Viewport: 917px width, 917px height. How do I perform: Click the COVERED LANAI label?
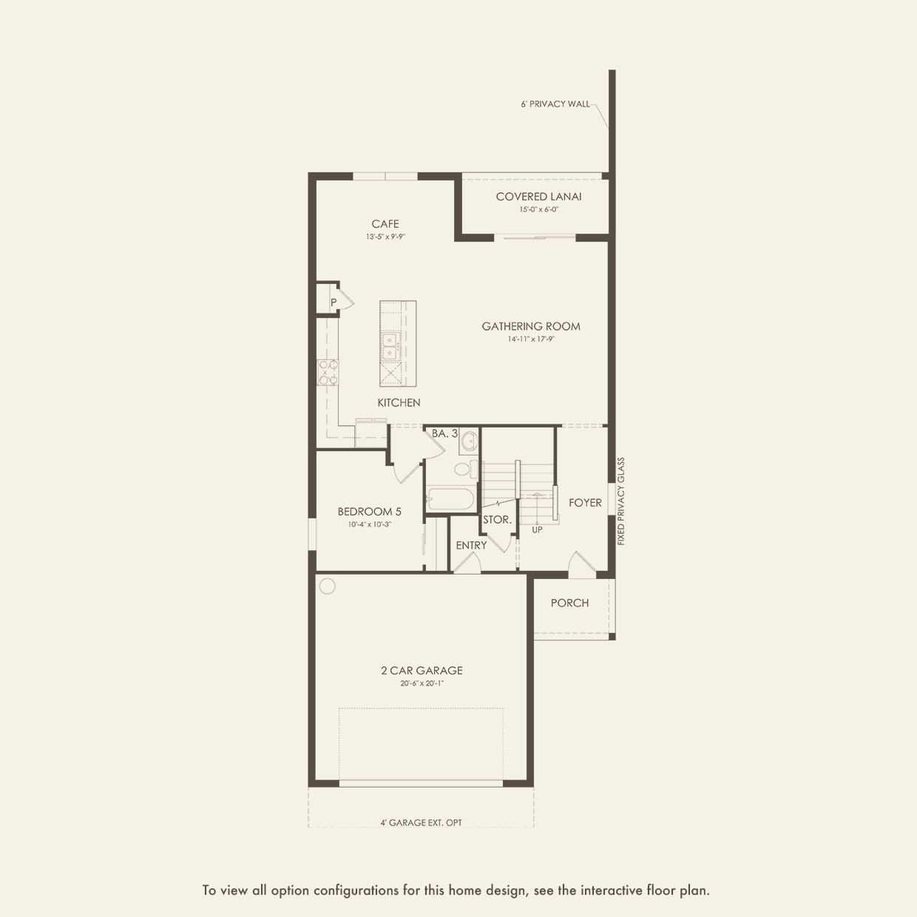(538, 197)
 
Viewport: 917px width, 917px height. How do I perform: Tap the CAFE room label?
(385, 223)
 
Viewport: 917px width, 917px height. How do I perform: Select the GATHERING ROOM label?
(530, 326)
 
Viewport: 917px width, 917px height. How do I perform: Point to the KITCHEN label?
(399, 402)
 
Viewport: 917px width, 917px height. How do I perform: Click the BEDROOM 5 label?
(369, 512)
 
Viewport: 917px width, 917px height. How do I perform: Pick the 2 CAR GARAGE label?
(422, 671)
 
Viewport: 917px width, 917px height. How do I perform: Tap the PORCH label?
(569, 603)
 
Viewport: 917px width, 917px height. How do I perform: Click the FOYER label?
(585, 503)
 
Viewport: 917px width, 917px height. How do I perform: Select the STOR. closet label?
(497, 520)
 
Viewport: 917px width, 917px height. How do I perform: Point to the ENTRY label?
(471, 545)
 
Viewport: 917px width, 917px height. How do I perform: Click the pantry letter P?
(334, 302)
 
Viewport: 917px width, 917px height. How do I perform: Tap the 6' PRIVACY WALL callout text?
(555, 104)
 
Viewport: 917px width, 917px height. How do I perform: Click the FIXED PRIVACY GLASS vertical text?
(620, 501)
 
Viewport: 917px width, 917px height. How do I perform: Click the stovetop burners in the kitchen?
(328, 372)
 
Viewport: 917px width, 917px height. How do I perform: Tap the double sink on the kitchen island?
(390, 346)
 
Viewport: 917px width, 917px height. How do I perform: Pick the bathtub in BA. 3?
(450, 499)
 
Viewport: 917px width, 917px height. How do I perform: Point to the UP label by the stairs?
(537, 529)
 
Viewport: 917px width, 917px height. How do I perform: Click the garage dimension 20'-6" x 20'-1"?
(422, 684)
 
